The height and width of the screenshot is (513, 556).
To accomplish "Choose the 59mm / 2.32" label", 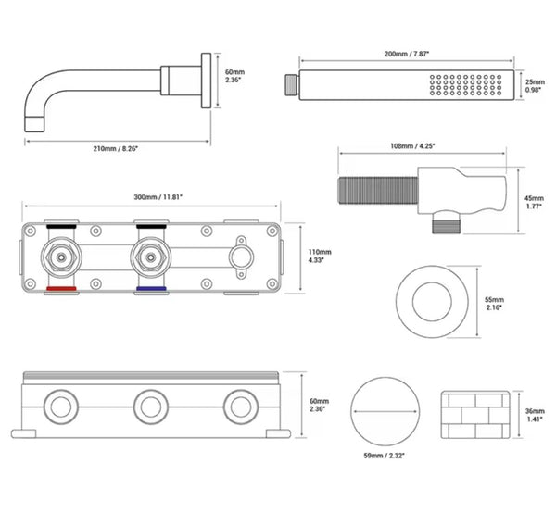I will click(x=385, y=457).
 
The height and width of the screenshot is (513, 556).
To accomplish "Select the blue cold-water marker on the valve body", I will click(x=150, y=291).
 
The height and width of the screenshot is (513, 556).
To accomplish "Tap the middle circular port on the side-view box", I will click(x=151, y=406).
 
